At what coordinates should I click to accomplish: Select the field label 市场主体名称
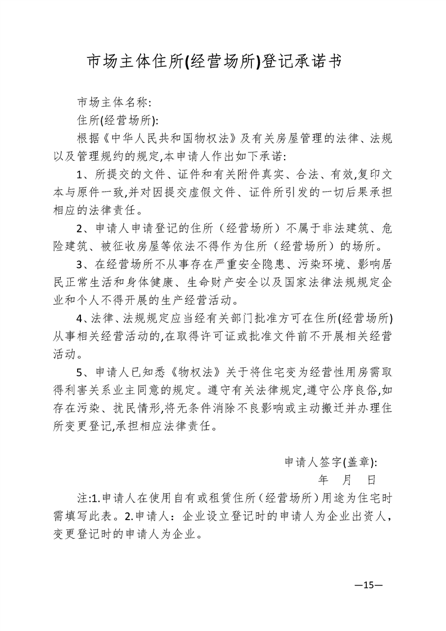pyautogui.click(x=112, y=103)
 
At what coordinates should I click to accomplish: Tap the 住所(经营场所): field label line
pyautogui.click(x=117, y=120)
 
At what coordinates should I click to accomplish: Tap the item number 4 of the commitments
pyautogui.click(x=80, y=319)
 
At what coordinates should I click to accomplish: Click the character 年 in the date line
pyautogui.click(x=323, y=480)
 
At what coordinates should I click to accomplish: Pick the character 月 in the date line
pyautogui.click(x=346, y=480)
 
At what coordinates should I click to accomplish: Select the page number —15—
pyautogui.click(x=368, y=585)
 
